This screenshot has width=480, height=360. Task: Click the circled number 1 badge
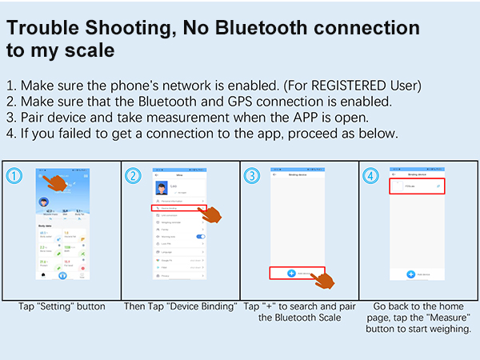tap(12, 175)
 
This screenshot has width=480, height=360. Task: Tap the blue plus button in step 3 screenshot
tap(291, 274)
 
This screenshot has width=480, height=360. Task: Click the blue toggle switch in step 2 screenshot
tap(201, 237)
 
